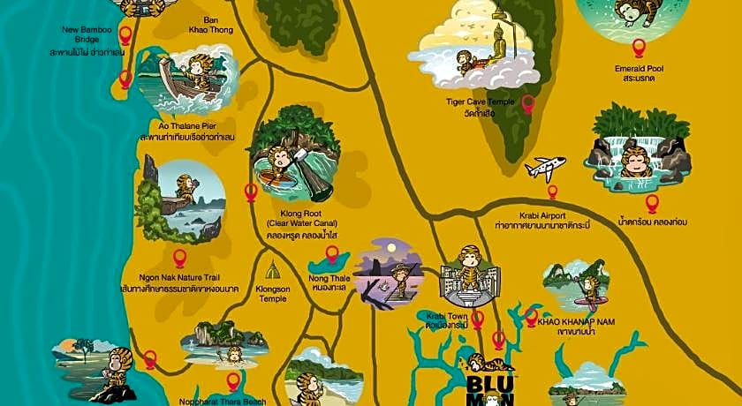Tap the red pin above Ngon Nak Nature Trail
pyautogui.click(x=179, y=258)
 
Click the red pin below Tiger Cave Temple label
pyautogui.click(x=528, y=104)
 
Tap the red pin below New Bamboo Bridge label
pyautogui.click(x=125, y=79)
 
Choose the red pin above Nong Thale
pyautogui.click(x=332, y=255)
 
